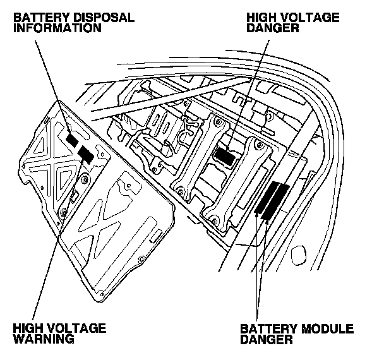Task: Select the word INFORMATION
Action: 55,28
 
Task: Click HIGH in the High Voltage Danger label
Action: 261,18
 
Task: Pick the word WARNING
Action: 44,339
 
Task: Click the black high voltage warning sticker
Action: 86,153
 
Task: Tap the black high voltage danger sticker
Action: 225,152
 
